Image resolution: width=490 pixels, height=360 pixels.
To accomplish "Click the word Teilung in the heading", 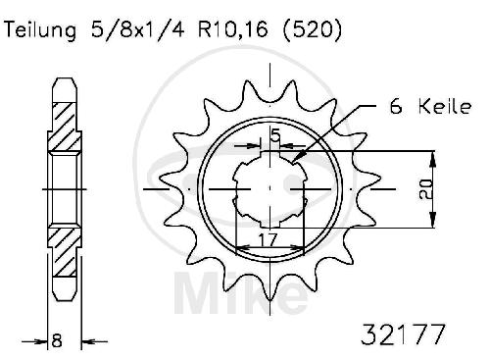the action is click(x=40, y=30).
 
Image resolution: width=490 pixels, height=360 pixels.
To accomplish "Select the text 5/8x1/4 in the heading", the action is click(x=137, y=29).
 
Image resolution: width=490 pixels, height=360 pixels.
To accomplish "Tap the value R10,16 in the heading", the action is click(x=232, y=29).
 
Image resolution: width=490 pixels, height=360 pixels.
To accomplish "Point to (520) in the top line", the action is click(x=313, y=29).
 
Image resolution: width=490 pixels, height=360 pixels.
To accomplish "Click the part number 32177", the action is click(x=403, y=334).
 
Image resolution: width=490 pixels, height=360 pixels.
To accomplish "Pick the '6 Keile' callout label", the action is click(x=430, y=107).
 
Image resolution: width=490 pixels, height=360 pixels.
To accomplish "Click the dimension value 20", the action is click(x=425, y=189).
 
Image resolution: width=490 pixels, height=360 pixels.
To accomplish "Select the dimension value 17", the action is click(x=268, y=240).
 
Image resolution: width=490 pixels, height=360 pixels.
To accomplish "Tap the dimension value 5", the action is click(x=275, y=135).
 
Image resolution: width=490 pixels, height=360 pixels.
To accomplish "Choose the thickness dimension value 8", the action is click(x=57, y=341).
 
